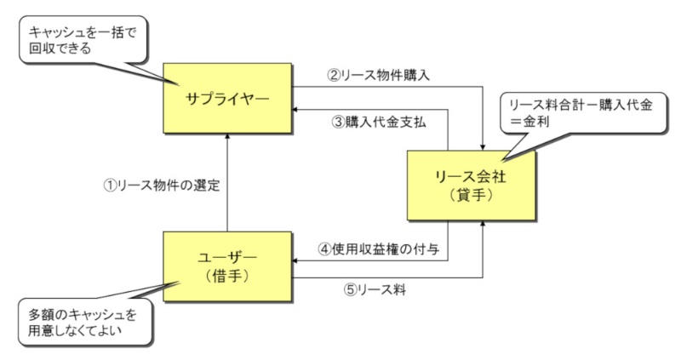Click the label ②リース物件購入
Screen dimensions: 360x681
point(378,75)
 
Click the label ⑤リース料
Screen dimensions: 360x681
point(367,289)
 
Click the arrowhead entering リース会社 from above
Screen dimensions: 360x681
point(483,145)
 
